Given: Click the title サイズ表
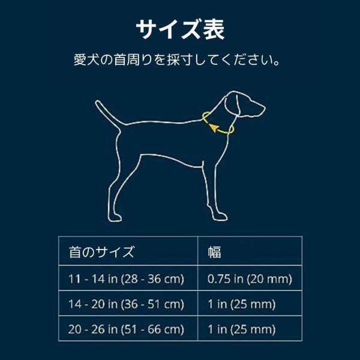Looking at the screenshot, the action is click(180, 29).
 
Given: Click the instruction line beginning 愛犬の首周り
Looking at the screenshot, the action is click(177, 59).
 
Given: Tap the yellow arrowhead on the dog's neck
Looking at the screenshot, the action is click(213, 128).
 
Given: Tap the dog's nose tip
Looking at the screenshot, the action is click(265, 109).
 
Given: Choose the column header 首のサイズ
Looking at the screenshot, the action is click(101, 251).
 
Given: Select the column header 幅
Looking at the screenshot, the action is click(214, 252).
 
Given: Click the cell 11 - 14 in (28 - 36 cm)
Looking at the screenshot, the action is click(126, 279).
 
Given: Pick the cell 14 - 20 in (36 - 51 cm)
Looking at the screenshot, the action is click(126, 304).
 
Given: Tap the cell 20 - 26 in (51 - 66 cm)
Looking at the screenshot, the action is click(126, 329).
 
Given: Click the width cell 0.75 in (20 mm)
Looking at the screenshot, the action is click(250, 279).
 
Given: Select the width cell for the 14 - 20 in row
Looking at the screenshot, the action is click(242, 304).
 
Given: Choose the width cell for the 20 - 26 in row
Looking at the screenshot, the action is click(242, 329).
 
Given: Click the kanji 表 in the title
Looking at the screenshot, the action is click(214, 29).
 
